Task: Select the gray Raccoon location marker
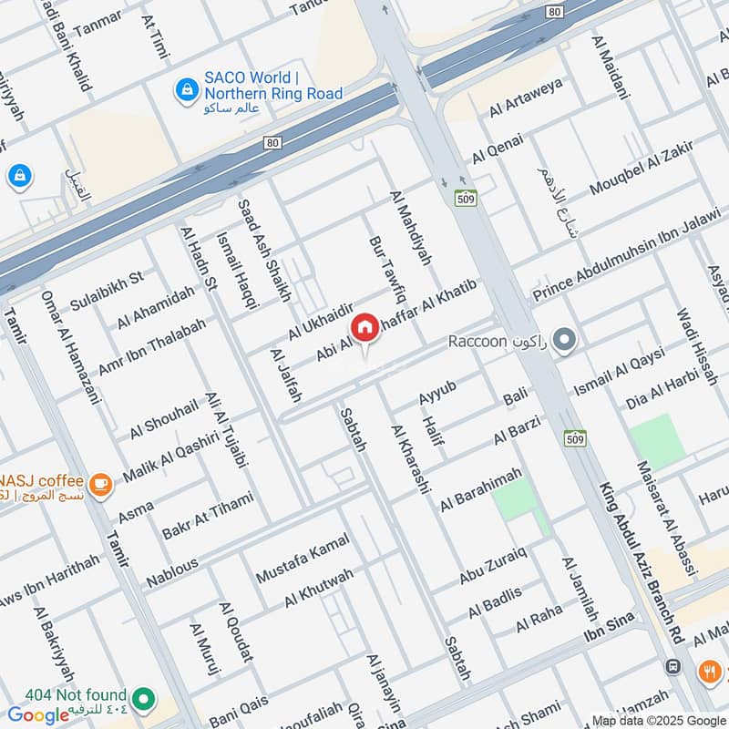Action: (x=565, y=342)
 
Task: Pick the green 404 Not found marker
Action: (x=142, y=700)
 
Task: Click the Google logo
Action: (x=38, y=714)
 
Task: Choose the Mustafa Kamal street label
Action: (x=303, y=563)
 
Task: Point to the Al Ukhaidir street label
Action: (x=319, y=322)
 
